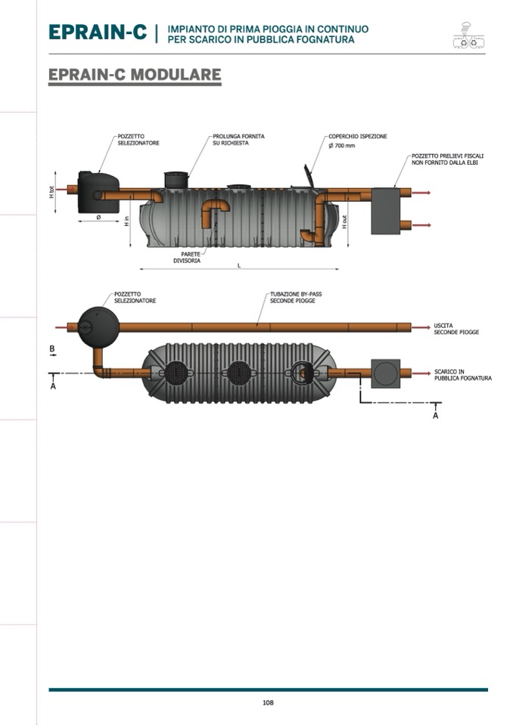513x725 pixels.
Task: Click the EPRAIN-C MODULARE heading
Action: click(135, 74)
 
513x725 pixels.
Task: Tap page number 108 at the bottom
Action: click(268, 702)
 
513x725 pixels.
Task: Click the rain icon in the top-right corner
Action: click(469, 35)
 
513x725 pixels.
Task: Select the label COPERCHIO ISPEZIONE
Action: click(358, 136)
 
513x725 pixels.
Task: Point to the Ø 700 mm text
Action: click(342, 146)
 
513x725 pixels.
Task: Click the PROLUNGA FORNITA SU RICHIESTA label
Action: click(238, 140)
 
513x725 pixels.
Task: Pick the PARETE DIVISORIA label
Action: click(188, 258)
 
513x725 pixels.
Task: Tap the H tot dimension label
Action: click(51, 192)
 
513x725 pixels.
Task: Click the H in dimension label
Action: click(127, 221)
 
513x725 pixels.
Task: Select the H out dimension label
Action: click(344, 222)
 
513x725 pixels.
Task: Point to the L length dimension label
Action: click(239, 265)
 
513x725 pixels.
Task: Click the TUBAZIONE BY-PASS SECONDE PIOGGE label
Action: click(296, 297)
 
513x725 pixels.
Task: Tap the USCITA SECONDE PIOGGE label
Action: click(456, 329)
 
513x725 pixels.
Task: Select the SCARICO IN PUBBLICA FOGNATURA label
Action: click(462, 375)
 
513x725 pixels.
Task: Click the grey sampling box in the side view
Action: click(386, 211)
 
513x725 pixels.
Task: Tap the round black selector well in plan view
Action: click(98, 327)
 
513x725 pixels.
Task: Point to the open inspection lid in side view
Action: click(309, 175)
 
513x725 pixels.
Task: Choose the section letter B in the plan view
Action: click(52, 349)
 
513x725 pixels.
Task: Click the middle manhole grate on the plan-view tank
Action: click(239, 373)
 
